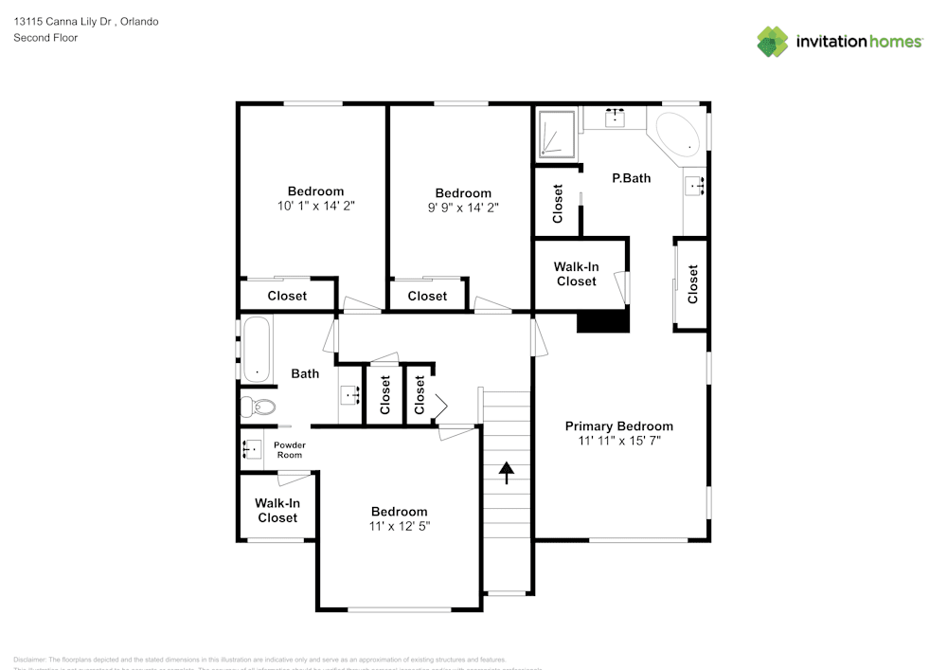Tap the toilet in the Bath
(258, 407)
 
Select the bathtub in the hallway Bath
(257, 349)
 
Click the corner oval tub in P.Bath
(678, 136)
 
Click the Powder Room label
(289, 450)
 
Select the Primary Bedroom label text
(618, 426)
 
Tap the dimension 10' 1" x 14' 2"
(315, 206)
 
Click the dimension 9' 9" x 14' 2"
(462, 208)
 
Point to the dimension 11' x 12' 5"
(399, 526)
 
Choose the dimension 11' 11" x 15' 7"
(618, 441)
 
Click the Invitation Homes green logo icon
(773, 42)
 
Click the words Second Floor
(45, 38)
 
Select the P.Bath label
(631, 177)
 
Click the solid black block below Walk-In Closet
(603, 321)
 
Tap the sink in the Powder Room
(251, 449)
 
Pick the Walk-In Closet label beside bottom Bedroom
(277, 511)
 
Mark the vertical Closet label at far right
(692, 283)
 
